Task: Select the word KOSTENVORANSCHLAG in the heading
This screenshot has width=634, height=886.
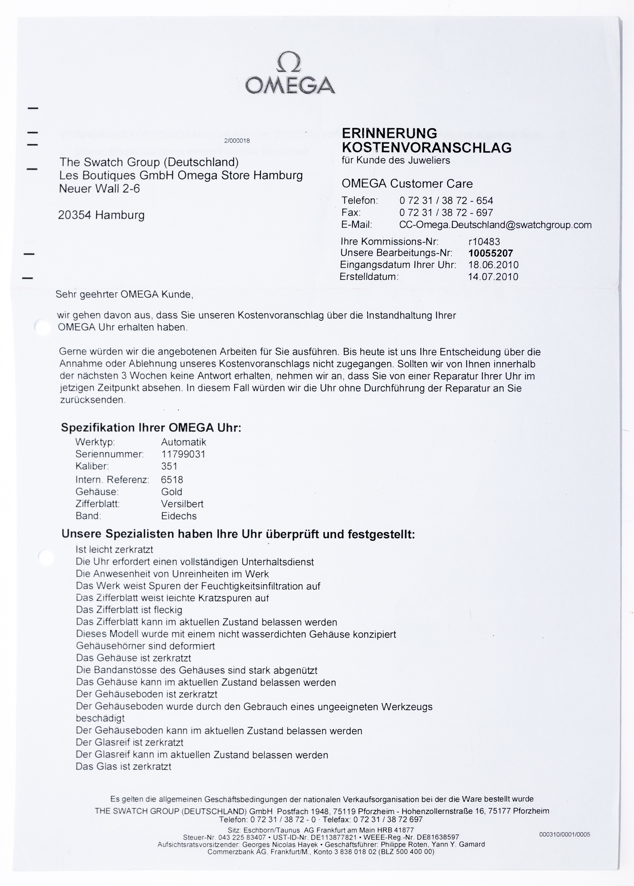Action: (x=426, y=148)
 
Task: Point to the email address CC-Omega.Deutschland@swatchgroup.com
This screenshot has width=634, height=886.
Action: (x=495, y=225)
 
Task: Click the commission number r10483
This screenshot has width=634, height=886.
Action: (x=484, y=242)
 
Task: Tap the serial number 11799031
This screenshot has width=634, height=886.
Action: (x=183, y=454)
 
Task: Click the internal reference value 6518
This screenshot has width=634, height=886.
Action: (x=172, y=480)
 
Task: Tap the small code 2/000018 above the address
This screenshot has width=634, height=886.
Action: (x=237, y=141)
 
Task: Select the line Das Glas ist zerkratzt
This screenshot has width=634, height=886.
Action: (x=123, y=767)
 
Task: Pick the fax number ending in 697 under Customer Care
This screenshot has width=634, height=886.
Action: (x=446, y=213)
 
